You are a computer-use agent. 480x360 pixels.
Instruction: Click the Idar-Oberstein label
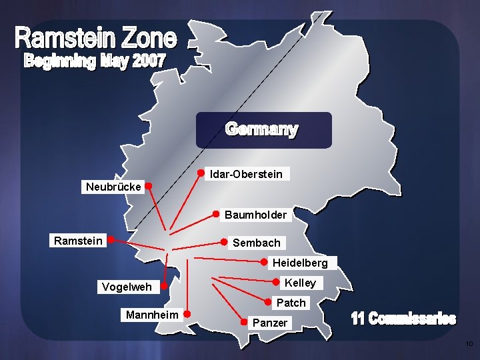pyautogui.click(x=245, y=174)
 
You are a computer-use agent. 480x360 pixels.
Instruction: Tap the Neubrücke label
pyautogui.click(x=113, y=187)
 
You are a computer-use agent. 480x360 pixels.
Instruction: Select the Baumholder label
pyautogui.click(x=255, y=215)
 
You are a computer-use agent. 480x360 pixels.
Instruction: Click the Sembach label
pyautogui.click(x=256, y=243)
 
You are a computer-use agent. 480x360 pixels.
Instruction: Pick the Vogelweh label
pyautogui.click(x=126, y=287)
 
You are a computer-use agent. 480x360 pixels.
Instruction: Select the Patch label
pyautogui.click(x=291, y=303)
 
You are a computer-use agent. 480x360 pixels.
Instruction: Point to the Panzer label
pyautogui.click(x=269, y=323)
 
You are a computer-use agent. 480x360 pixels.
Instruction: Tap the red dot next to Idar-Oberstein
pyautogui.click(x=200, y=173)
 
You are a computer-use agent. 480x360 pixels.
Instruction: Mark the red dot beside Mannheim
pyautogui.click(x=188, y=313)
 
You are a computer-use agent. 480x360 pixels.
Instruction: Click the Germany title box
pyautogui.click(x=263, y=129)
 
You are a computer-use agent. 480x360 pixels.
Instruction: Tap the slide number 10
pyautogui.click(x=469, y=344)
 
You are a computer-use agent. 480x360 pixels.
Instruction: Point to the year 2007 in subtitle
pyautogui.click(x=149, y=61)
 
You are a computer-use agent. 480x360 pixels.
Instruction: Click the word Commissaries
pyautogui.click(x=412, y=319)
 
